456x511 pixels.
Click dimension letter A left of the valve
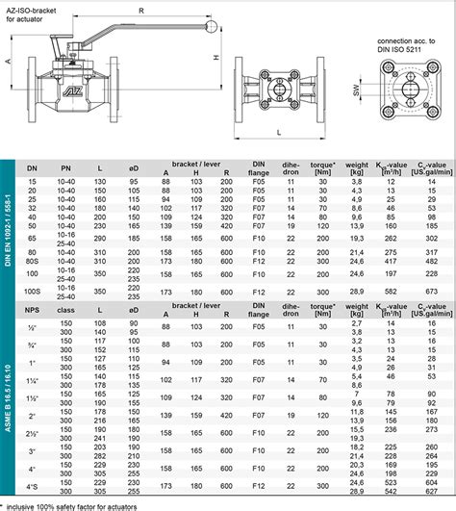[x=9, y=60]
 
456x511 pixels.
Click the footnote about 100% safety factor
[x=71, y=505]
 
